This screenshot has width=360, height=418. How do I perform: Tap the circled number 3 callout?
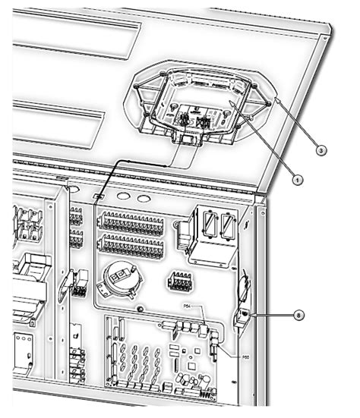(x=321, y=151)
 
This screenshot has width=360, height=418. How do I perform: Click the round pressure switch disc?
(x=118, y=276)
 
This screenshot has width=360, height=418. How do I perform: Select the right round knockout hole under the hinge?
(x=142, y=197)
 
